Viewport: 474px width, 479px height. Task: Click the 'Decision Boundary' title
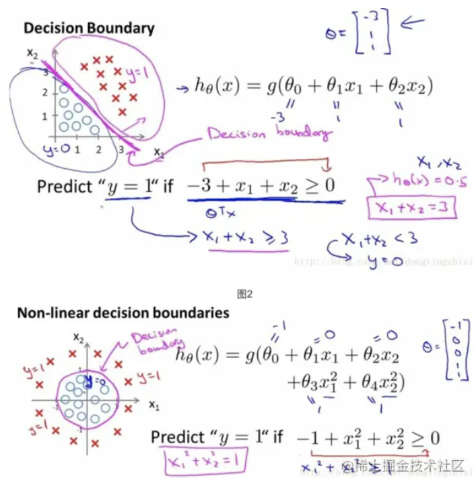[x=89, y=28]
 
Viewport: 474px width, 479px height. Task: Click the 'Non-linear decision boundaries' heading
[x=123, y=313]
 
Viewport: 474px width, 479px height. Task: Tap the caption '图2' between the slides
[x=244, y=293]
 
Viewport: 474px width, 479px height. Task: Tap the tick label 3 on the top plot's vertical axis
[x=46, y=71]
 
